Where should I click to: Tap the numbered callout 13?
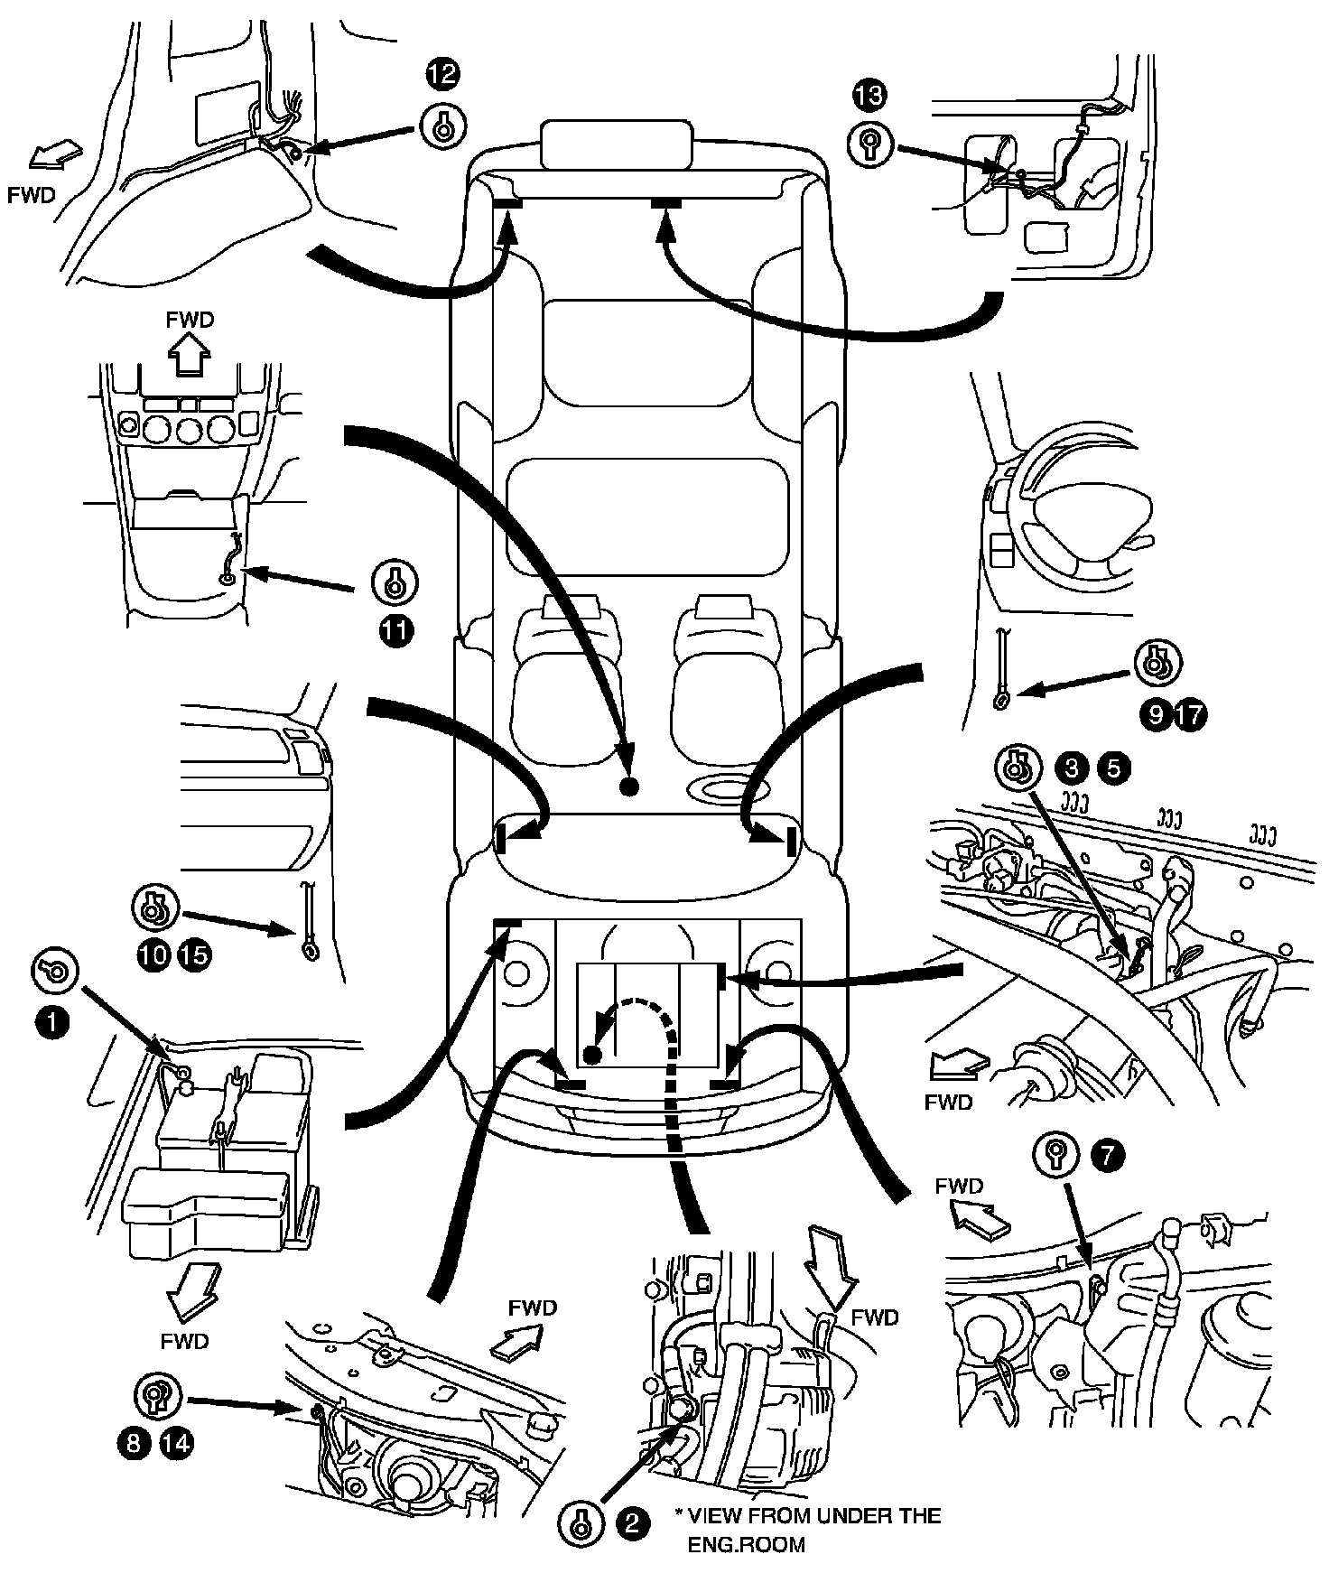(x=869, y=95)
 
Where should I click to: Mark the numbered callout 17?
(x=1191, y=716)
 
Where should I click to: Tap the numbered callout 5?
(x=1112, y=768)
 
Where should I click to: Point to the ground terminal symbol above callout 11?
(x=395, y=585)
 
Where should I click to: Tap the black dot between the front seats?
(x=630, y=786)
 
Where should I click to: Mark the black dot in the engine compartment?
(x=591, y=1054)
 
